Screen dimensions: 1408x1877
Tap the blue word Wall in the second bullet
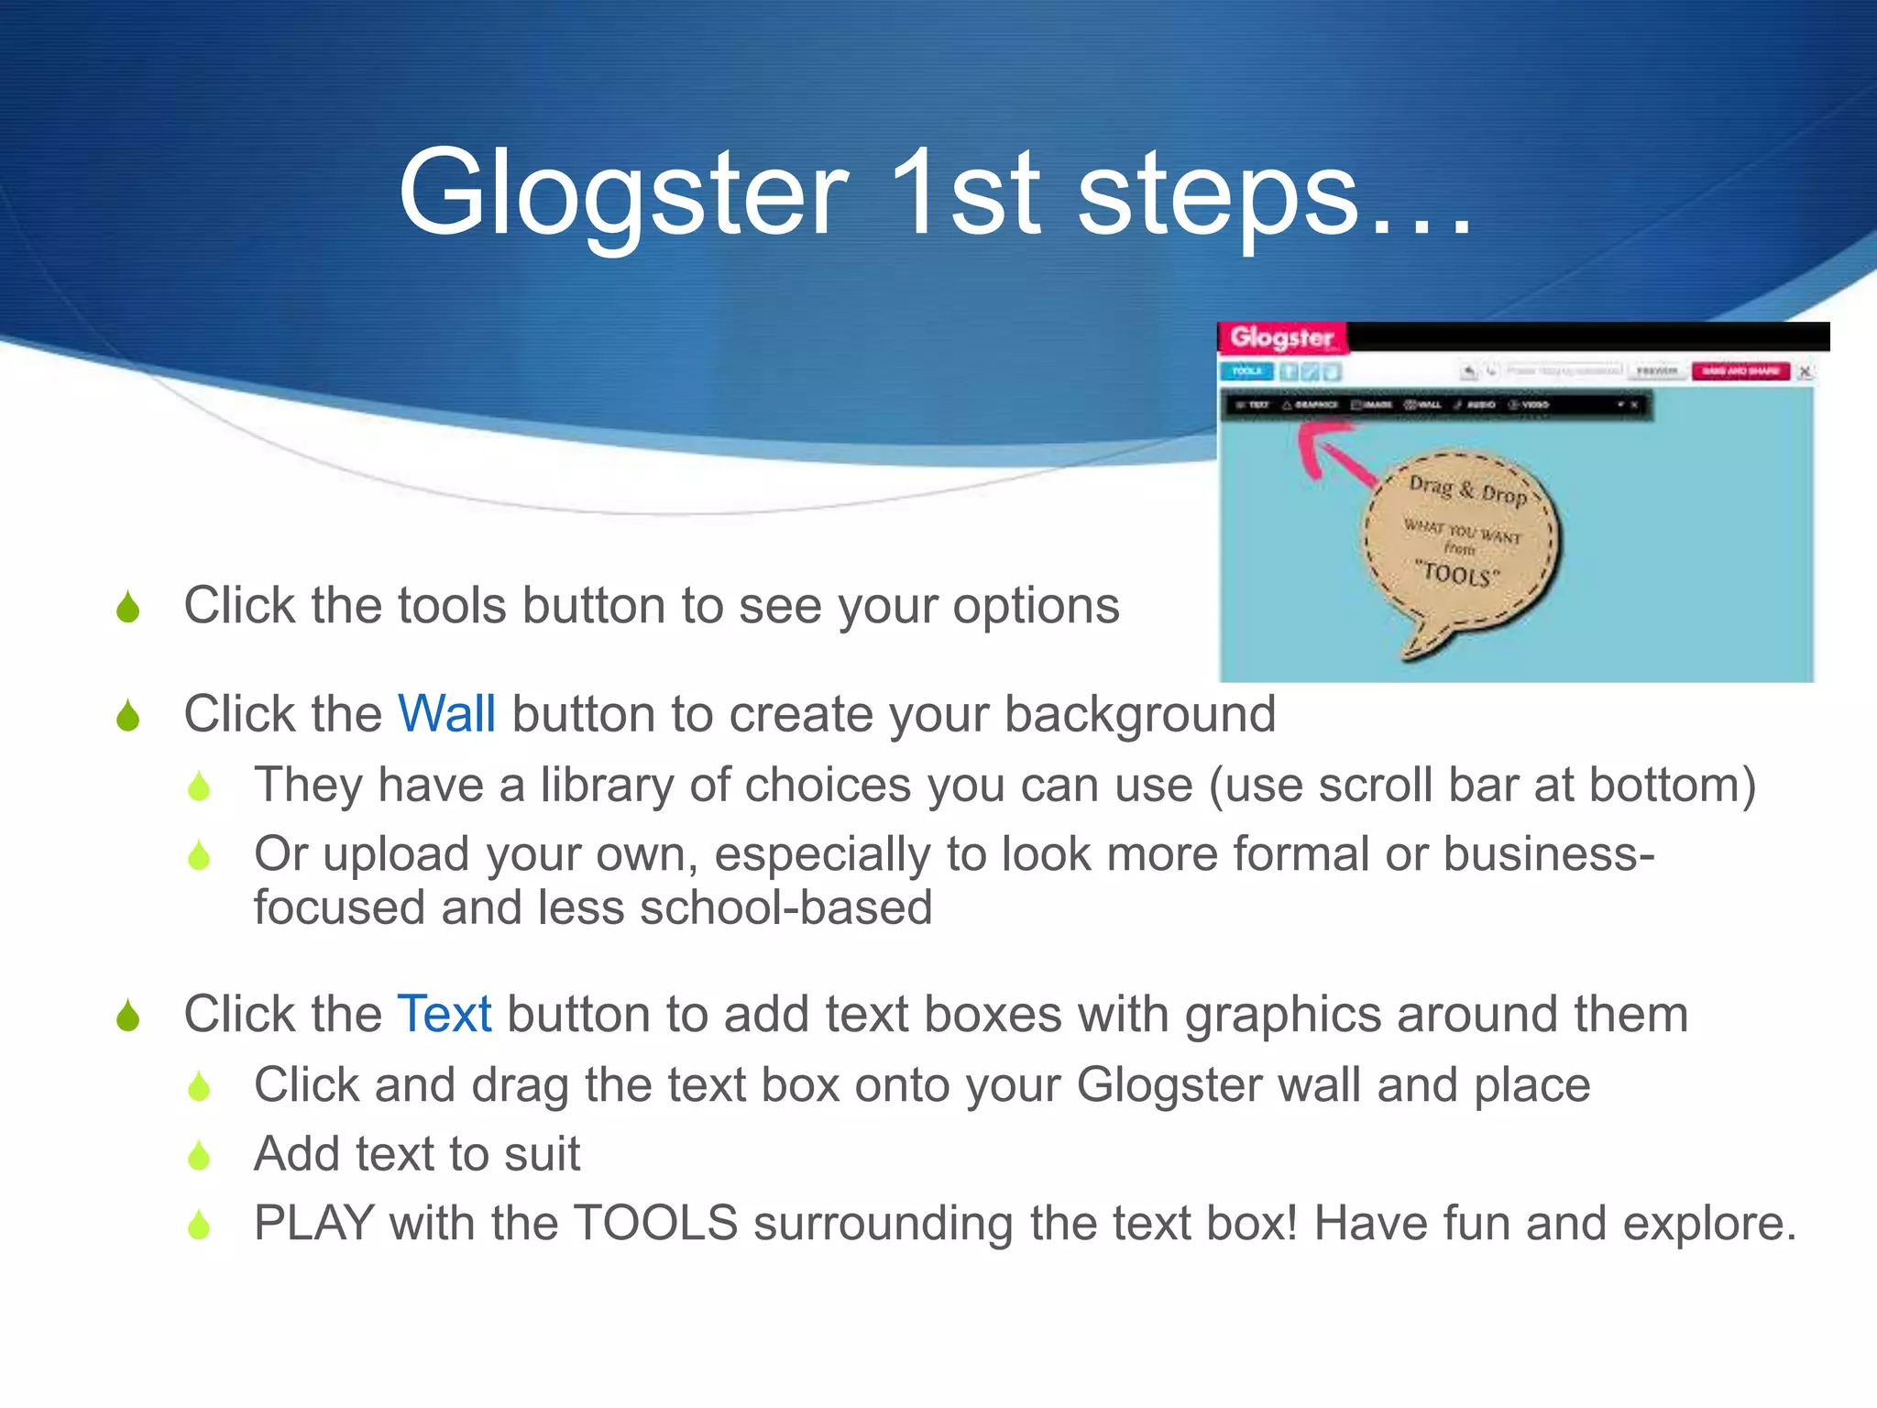pyautogui.click(x=446, y=713)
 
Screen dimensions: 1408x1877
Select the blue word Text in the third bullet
pyautogui.click(x=445, y=1014)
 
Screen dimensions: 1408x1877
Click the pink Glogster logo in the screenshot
pyautogui.click(x=1281, y=337)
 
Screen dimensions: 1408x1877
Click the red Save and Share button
pyautogui.click(x=1740, y=371)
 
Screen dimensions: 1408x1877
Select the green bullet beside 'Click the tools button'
pyautogui.click(x=128, y=607)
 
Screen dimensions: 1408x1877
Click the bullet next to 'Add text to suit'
pyautogui.click(x=199, y=1155)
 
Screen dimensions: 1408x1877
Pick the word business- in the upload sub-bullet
pyautogui.click(x=1549, y=854)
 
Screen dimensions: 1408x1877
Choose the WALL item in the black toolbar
pyautogui.click(x=1423, y=404)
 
